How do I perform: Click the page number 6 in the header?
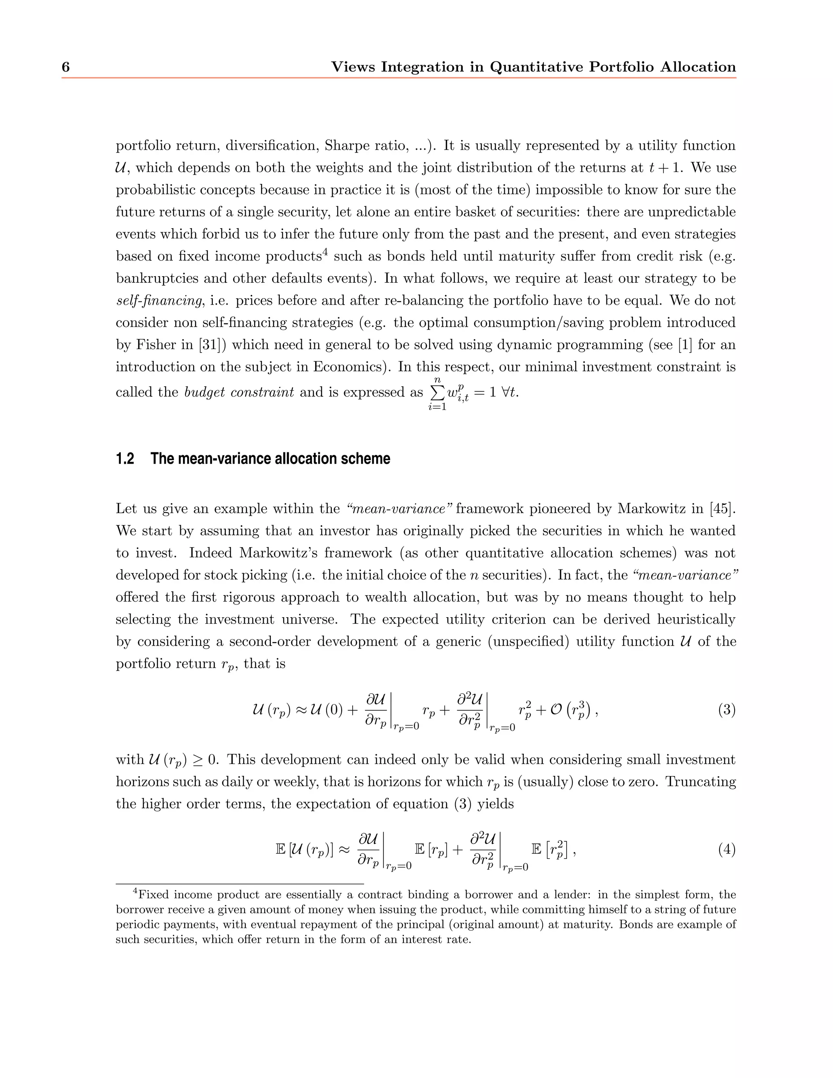coord(65,67)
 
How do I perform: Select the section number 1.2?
coord(125,458)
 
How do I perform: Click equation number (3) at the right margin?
coord(726,710)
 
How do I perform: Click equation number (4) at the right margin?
coord(726,849)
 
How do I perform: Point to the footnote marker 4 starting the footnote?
coord(136,891)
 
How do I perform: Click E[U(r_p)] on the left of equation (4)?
coord(305,849)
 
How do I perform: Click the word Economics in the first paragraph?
coord(347,367)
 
